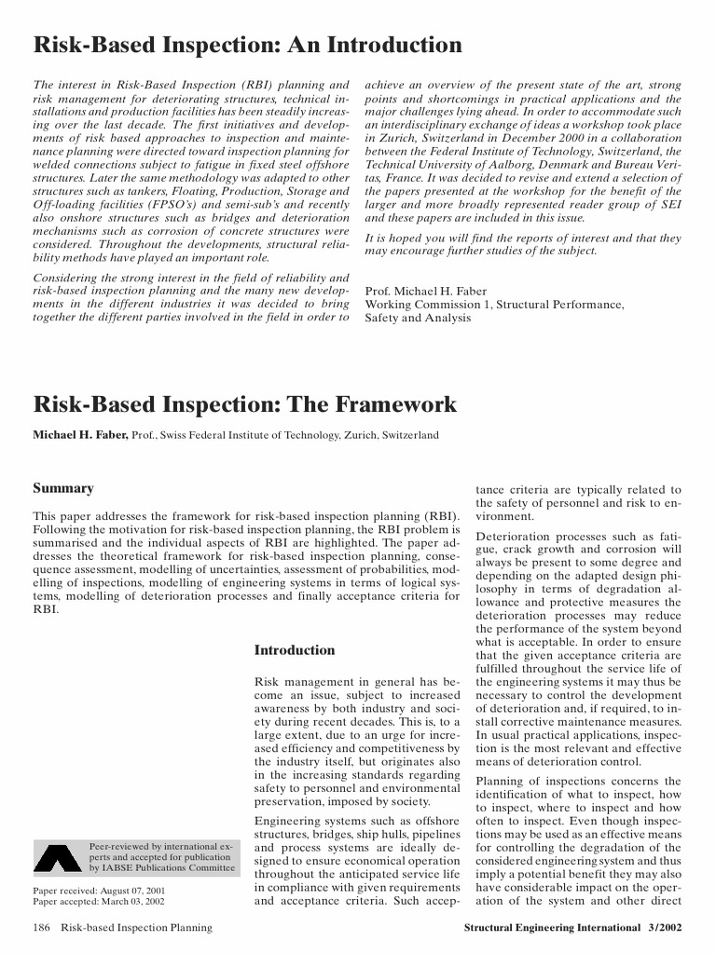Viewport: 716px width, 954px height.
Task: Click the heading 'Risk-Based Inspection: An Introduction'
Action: coord(247,46)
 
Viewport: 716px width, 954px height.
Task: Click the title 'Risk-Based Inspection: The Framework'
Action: coord(245,404)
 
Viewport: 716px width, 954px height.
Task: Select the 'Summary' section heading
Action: coord(63,488)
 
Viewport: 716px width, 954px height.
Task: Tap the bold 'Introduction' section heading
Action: coord(295,650)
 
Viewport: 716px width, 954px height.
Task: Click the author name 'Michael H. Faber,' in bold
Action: coord(81,435)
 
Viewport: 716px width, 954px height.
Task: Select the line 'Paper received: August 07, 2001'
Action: coord(99,891)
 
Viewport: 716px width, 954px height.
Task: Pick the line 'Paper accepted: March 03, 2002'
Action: coord(99,902)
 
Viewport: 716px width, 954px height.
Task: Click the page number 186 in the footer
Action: coord(42,928)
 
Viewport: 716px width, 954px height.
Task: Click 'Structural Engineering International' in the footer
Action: coord(551,928)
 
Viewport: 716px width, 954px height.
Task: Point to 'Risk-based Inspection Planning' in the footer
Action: coord(137,928)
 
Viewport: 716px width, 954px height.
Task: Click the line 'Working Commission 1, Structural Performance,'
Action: coord(494,304)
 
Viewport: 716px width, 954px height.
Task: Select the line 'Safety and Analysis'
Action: coord(418,318)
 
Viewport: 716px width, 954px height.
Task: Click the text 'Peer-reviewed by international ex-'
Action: coord(159,846)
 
